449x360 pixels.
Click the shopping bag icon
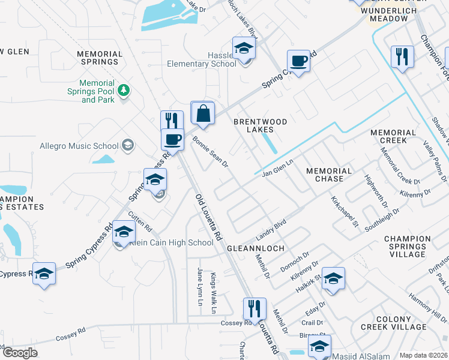pyautogui.click(x=203, y=113)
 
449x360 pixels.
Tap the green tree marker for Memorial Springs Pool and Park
pyautogui.click(x=124, y=90)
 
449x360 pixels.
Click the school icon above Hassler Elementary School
pyautogui.click(x=244, y=48)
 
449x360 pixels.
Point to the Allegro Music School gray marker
pyautogui.click(x=127, y=145)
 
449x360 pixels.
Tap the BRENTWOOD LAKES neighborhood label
pyautogui.click(x=260, y=125)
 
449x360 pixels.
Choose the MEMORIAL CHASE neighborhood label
pyautogui.click(x=329, y=175)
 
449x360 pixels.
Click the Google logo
pyautogui.click(x=20, y=353)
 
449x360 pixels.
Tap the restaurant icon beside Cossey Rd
pyautogui.click(x=254, y=309)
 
